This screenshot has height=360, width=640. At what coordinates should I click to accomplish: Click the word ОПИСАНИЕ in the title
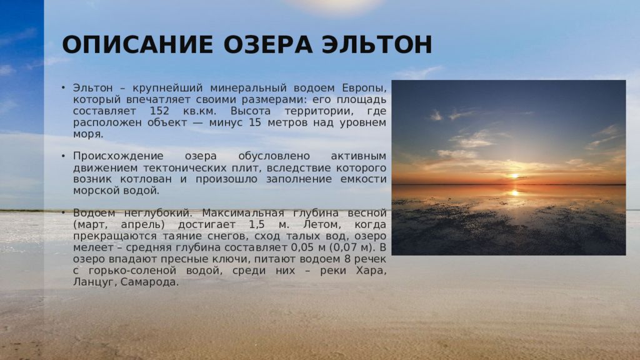[x=137, y=45]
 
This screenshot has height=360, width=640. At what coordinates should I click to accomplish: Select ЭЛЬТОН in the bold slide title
[x=377, y=45]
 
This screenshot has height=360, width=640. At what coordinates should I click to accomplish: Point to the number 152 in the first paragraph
[x=159, y=111]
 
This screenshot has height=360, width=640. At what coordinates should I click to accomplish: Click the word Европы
[x=364, y=88]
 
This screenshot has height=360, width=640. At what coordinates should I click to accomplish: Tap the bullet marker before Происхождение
[x=63, y=156]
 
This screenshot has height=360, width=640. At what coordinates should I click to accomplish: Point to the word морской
[x=93, y=191]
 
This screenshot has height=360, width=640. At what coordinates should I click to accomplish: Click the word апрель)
[x=142, y=225]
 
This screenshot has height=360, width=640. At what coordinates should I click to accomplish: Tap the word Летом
[x=322, y=224]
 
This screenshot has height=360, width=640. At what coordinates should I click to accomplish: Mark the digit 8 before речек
[x=347, y=259]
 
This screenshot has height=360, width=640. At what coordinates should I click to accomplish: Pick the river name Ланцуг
[x=95, y=282]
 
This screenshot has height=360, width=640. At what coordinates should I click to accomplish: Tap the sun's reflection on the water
[x=515, y=192]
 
